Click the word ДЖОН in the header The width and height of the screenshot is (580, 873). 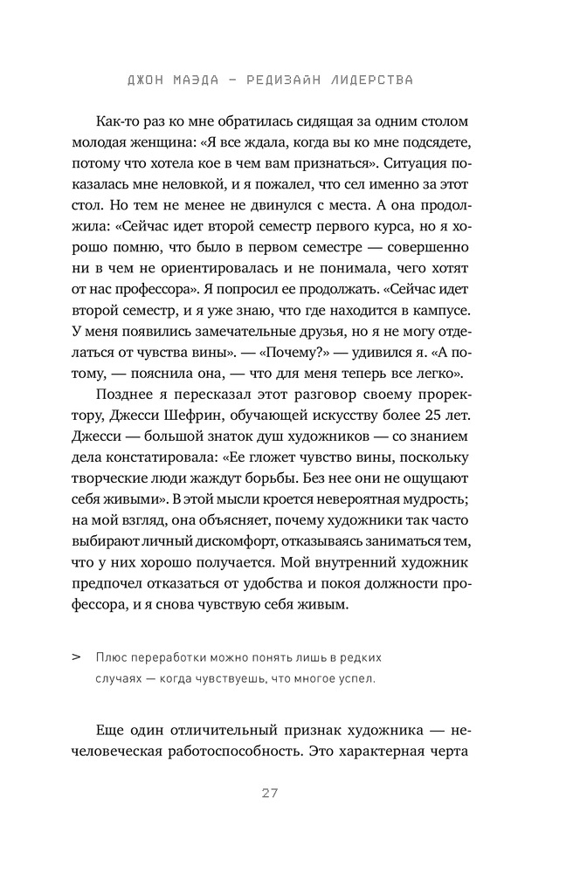point(145,79)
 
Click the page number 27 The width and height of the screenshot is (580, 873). point(270,793)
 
